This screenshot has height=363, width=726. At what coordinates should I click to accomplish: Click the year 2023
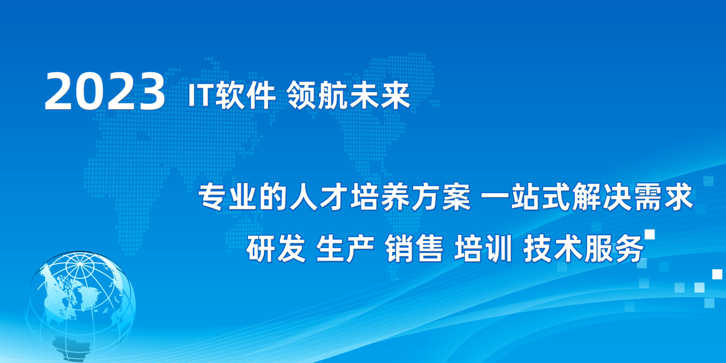tap(104, 91)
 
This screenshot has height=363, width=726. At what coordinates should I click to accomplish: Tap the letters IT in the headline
tap(202, 95)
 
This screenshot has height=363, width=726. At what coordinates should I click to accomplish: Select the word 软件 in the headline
tap(246, 95)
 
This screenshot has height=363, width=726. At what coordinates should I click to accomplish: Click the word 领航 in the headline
tap(317, 95)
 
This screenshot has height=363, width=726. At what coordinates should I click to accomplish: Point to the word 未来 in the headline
tap(379, 95)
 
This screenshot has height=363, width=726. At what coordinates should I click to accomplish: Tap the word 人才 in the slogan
tap(319, 197)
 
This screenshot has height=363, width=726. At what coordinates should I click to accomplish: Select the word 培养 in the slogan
tap(380, 197)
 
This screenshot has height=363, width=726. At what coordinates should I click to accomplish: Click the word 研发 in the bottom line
tap(276, 248)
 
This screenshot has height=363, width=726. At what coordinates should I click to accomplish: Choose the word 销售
tap(414, 248)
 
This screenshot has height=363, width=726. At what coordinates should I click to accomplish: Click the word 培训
tap(483, 248)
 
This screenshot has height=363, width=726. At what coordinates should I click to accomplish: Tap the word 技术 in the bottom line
tap(552, 248)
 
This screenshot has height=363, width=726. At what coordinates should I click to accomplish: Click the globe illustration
tap(81, 306)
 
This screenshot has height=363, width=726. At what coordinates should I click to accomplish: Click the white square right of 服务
tap(650, 235)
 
